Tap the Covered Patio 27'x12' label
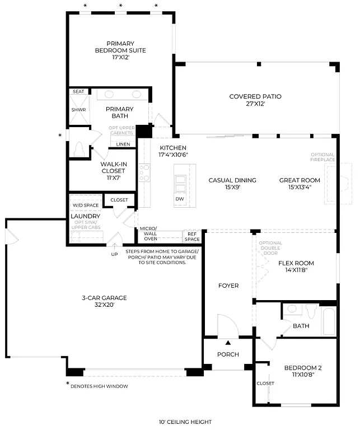tap(255, 100)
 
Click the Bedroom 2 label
tap(302, 371)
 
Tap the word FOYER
tap(228, 286)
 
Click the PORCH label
tap(228, 354)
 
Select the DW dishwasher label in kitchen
tap(180, 199)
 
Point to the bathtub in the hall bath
tap(328, 320)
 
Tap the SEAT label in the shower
tap(78, 91)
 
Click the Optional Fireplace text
tap(322, 157)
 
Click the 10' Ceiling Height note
tap(185, 422)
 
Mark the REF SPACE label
tap(192, 236)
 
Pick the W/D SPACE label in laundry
tap(85, 205)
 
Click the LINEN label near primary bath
tap(123, 144)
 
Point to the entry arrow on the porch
tap(228, 343)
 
